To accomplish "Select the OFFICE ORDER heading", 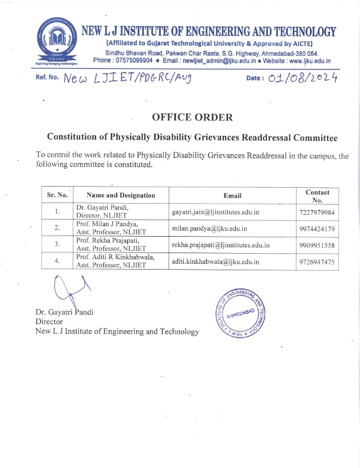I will click(x=192, y=117).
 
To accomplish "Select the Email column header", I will click(x=232, y=195).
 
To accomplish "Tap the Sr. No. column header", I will click(x=57, y=195).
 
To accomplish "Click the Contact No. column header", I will click(x=317, y=195).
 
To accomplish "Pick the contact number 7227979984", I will click(x=317, y=212).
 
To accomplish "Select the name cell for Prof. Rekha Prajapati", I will click(x=106, y=244).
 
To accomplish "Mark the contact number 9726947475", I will click(x=317, y=261).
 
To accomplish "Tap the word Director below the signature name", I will click(x=49, y=321).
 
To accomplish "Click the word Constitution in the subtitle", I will click(x=77, y=138).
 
